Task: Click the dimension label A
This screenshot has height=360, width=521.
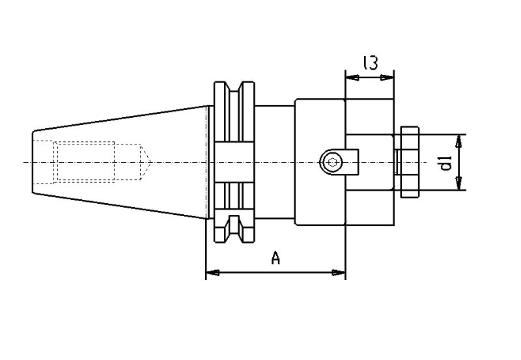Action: (x=275, y=258)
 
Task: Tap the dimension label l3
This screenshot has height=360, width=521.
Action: (x=371, y=62)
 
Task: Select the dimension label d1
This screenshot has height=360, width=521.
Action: (x=446, y=163)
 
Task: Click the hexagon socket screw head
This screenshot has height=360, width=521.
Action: (x=331, y=162)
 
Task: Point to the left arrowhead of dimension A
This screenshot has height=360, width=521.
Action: (x=212, y=273)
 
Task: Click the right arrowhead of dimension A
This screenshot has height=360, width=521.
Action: (x=339, y=273)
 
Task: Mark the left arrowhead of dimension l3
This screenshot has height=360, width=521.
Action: (x=352, y=77)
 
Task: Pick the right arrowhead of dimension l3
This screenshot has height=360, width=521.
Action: (x=387, y=77)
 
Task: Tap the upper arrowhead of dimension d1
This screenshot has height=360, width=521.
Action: (x=458, y=141)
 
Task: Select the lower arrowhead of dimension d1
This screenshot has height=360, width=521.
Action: (x=458, y=184)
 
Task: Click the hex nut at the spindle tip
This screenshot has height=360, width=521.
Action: (x=410, y=162)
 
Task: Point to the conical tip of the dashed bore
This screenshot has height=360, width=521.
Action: (x=146, y=162)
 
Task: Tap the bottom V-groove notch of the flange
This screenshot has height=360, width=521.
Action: (x=234, y=225)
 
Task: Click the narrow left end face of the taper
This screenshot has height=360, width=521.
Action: (x=33, y=162)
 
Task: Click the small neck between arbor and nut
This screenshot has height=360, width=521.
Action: (x=397, y=162)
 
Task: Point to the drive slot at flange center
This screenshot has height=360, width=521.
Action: (x=234, y=162)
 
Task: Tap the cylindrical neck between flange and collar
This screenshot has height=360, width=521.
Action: (x=275, y=162)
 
